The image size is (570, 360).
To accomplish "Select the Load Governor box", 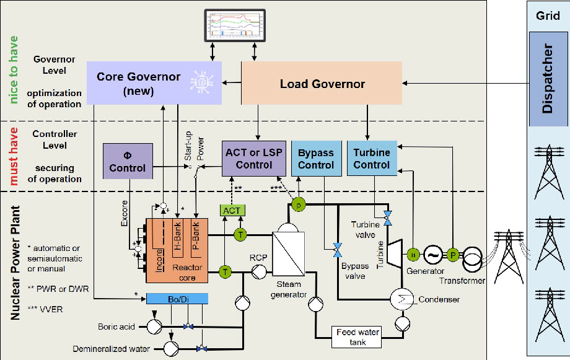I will (322, 83).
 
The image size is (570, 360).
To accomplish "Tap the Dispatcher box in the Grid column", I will (547, 79).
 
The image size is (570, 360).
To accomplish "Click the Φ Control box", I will (127, 161).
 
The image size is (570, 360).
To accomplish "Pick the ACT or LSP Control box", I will (254, 159).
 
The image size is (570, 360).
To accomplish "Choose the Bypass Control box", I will (315, 159).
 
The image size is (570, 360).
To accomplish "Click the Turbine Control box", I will (371, 159).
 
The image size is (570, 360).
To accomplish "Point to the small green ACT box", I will (232, 211).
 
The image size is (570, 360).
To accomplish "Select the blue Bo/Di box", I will (177, 299).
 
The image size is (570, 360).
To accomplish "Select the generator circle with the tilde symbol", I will (432, 254).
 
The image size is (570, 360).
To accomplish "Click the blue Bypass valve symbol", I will (337, 250).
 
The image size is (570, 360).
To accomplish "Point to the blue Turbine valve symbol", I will (388, 217).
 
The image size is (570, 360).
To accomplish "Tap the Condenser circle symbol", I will (401, 299).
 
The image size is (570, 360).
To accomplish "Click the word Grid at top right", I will (548, 15).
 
